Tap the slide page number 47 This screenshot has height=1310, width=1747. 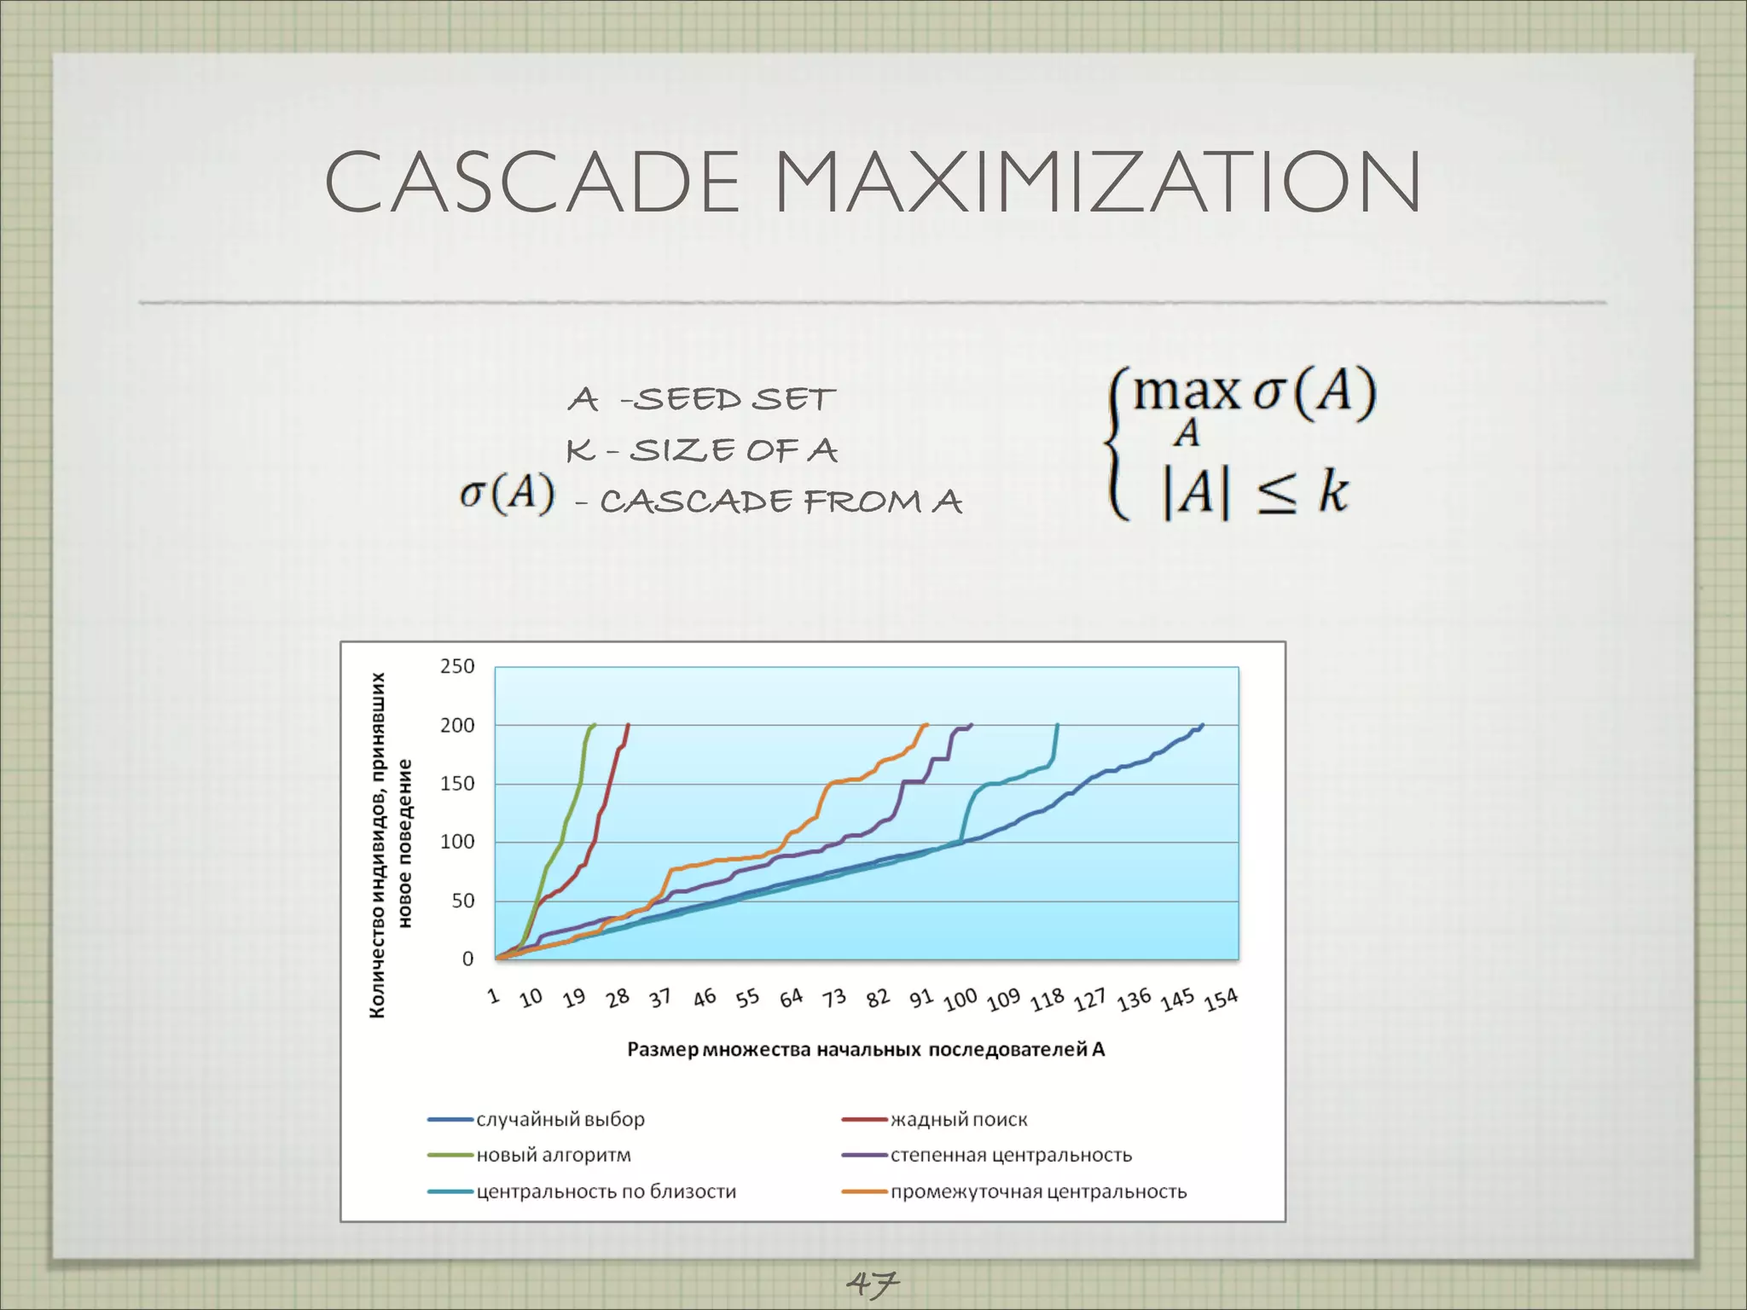pos(872,1281)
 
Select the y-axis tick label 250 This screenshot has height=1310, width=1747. pos(457,666)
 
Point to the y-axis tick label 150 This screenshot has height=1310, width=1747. pos(457,784)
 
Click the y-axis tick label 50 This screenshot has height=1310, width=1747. pos(462,901)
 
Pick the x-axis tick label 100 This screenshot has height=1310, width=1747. pos(960,1000)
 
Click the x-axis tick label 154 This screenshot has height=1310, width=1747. pos(1221,1000)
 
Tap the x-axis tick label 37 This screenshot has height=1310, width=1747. pos(659,998)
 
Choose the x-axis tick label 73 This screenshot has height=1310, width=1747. pos(833,998)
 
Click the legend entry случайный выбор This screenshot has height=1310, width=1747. pos(560,1119)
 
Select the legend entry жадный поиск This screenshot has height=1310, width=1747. pos(959,1119)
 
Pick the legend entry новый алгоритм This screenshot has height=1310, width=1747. pos(554,1155)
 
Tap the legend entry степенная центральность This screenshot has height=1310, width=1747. pos(1011,1155)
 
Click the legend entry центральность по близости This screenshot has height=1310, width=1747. pos(606,1191)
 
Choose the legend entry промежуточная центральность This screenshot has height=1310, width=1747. pos(1038,1191)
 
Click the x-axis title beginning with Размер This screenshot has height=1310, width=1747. pos(866,1049)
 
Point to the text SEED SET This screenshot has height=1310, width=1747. pos(734,399)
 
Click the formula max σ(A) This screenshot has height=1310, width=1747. pos(1254,394)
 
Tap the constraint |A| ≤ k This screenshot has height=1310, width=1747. pos(1254,493)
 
